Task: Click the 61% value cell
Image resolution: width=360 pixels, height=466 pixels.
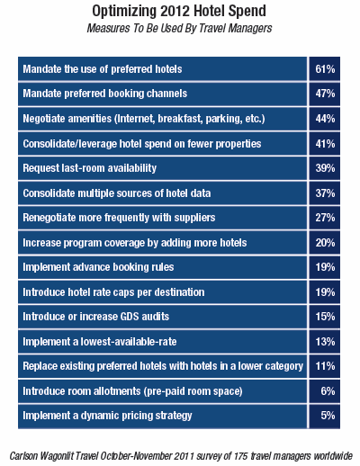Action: (325, 69)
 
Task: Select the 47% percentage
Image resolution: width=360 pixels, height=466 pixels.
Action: (325, 94)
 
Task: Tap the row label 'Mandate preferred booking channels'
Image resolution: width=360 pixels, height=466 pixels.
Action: (105, 94)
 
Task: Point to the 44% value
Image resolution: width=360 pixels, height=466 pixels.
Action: (325, 119)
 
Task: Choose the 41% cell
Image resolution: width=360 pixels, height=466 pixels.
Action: (325, 144)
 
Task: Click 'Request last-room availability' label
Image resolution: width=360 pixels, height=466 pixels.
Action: (90, 168)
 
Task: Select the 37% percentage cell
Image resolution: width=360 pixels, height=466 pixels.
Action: (325, 193)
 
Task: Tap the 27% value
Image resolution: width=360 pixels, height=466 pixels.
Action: (325, 218)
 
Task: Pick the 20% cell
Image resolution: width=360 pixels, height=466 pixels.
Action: (325, 243)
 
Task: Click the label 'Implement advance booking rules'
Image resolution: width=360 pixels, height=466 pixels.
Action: (98, 267)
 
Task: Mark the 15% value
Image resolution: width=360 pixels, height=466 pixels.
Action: (325, 317)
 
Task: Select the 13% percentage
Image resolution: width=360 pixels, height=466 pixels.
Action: (325, 342)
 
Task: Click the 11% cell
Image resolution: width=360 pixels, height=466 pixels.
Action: (325, 366)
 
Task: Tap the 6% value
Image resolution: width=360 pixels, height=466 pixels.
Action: (328, 391)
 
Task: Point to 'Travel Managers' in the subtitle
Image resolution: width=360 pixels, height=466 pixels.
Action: (236, 28)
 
